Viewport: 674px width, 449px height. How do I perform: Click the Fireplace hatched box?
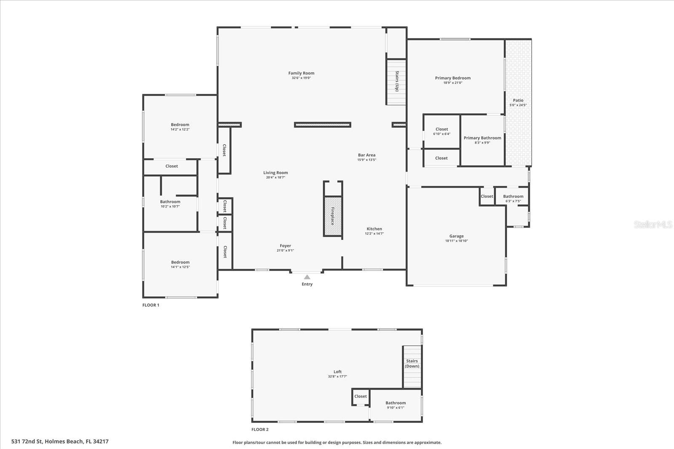pos(332,216)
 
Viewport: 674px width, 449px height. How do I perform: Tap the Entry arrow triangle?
pos(307,277)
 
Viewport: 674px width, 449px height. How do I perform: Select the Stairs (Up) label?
pos(397,81)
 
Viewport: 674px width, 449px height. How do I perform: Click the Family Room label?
pos(301,73)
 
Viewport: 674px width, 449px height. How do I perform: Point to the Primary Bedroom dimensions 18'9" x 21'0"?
pos(453,83)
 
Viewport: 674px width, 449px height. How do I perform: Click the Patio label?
pos(518,100)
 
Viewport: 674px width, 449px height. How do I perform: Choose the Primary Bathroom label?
pos(482,138)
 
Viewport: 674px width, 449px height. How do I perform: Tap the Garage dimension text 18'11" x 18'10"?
pos(456,241)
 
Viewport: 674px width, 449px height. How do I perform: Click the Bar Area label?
pos(366,155)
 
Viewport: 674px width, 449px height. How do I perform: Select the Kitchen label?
pos(374,229)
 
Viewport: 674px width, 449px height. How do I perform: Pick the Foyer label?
pos(285,246)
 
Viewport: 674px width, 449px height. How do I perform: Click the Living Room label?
pos(275,173)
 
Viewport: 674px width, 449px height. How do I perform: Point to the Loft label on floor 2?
pos(337,372)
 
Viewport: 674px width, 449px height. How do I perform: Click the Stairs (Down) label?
pos(412,364)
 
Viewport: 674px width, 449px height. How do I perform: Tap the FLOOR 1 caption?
pos(151,305)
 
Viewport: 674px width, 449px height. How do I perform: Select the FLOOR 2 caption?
pos(260,430)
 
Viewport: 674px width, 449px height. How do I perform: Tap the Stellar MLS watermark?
pos(653,225)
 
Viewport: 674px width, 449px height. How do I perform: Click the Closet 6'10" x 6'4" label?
pos(441,129)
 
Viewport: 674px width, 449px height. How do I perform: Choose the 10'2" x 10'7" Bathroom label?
pos(170,202)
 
